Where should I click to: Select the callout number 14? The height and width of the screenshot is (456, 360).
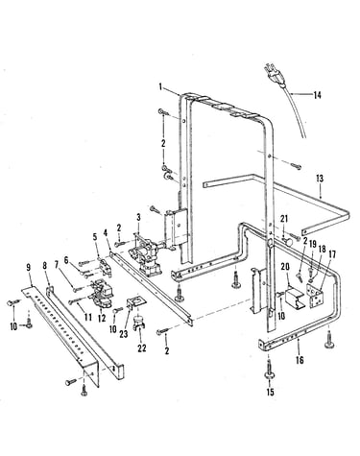(317, 95)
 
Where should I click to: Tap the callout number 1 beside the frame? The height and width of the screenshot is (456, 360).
(160, 86)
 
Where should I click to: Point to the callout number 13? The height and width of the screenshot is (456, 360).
(320, 179)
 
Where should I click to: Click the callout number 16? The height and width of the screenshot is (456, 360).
(300, 360)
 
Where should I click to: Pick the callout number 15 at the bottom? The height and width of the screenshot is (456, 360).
(271, 392)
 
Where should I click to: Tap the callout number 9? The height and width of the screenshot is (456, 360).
(29, 268)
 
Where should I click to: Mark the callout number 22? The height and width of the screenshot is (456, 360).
(141, 348)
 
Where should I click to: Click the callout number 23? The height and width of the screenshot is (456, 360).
(124, 334)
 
